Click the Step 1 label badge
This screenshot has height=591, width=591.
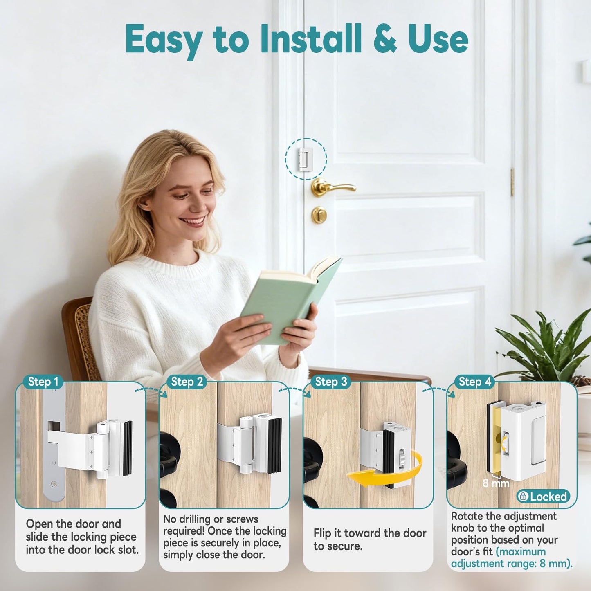(x=43, y=382)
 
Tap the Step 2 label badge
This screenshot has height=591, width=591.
(x=187, y=382)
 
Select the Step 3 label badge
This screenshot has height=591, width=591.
(x=331, y=382)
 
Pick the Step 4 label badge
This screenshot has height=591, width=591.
(x=475, y=382)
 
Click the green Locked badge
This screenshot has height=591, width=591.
(x=543, y=497)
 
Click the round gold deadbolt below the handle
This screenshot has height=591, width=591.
(x=319, y=214)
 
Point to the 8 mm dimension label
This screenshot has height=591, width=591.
(x=496, y=483)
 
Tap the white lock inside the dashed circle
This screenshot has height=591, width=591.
(x=305, y=160)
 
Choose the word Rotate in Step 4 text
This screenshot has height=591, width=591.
(x=467, y=516)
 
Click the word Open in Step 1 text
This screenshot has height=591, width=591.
(x=39, y=524)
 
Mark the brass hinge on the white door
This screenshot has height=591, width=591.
(x=512, y=182)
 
